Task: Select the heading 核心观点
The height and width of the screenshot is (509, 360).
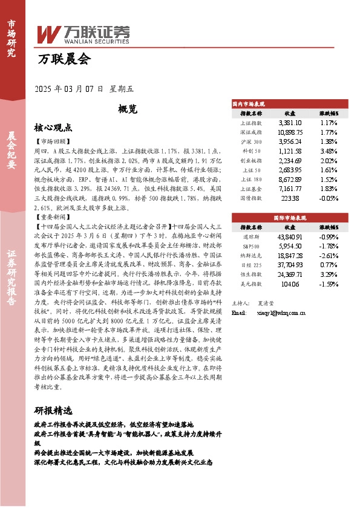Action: point(53,128)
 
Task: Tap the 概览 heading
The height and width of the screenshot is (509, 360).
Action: point(128,109)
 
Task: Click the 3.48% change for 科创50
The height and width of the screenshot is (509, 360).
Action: point(329,151)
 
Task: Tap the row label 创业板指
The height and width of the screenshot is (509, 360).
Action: point(251,161)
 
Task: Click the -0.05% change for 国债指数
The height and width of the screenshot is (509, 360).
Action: point(329,198)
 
